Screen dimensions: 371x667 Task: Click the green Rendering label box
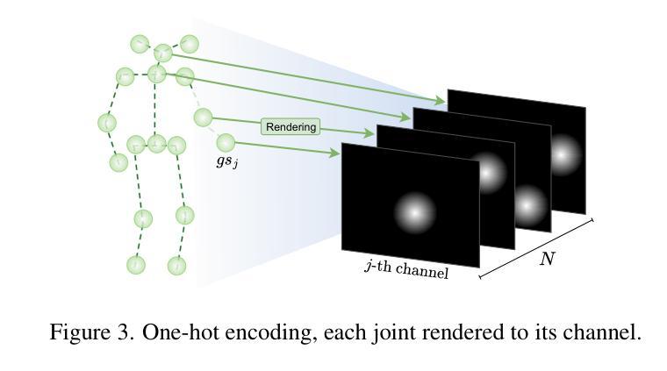click(x=290, y=127)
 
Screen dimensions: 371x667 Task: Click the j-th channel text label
click(x=406, y=269)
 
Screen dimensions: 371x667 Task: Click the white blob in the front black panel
click(x=414, y=211)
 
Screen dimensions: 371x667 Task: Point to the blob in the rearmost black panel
click(x=563, y=154)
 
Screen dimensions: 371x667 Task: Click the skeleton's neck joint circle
click(x=157, y=75)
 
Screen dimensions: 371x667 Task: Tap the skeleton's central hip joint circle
click(x=156, y=142)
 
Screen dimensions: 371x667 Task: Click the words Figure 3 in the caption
click(x=86, y=332)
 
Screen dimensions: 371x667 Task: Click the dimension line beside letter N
click(x=536, y=248)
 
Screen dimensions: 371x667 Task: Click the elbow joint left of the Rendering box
click(x=203, y=118)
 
